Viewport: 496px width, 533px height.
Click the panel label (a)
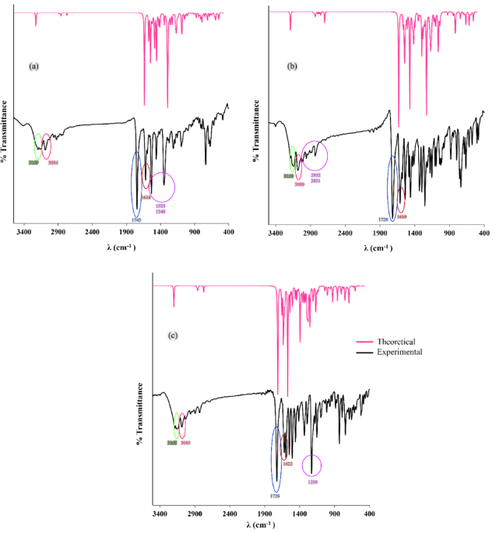click(33, 67)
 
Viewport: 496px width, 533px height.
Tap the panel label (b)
click(292, 67)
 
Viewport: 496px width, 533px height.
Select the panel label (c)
click(174, 335)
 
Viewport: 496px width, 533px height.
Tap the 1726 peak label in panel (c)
click(275, 496)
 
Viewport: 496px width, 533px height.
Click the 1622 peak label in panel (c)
click(287, 464)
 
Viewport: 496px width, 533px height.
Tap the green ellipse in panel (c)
click(177, 425)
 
